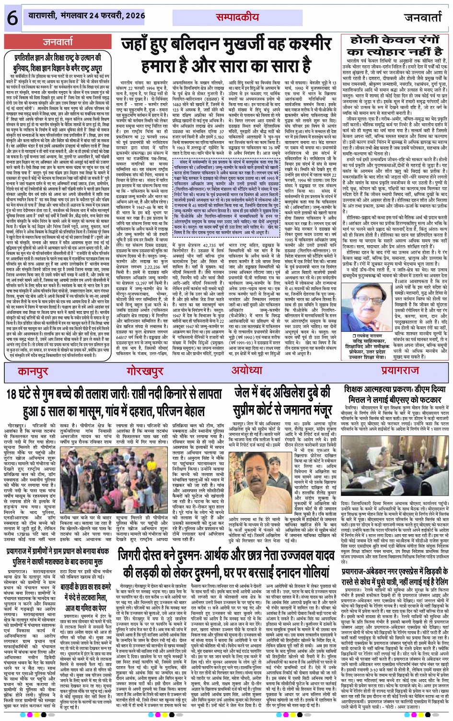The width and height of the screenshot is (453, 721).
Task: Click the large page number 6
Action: pos(12,18)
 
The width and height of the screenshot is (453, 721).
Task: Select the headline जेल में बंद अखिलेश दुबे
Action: pos(283,402)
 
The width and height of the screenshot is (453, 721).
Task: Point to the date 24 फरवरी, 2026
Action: pos(111,16)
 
